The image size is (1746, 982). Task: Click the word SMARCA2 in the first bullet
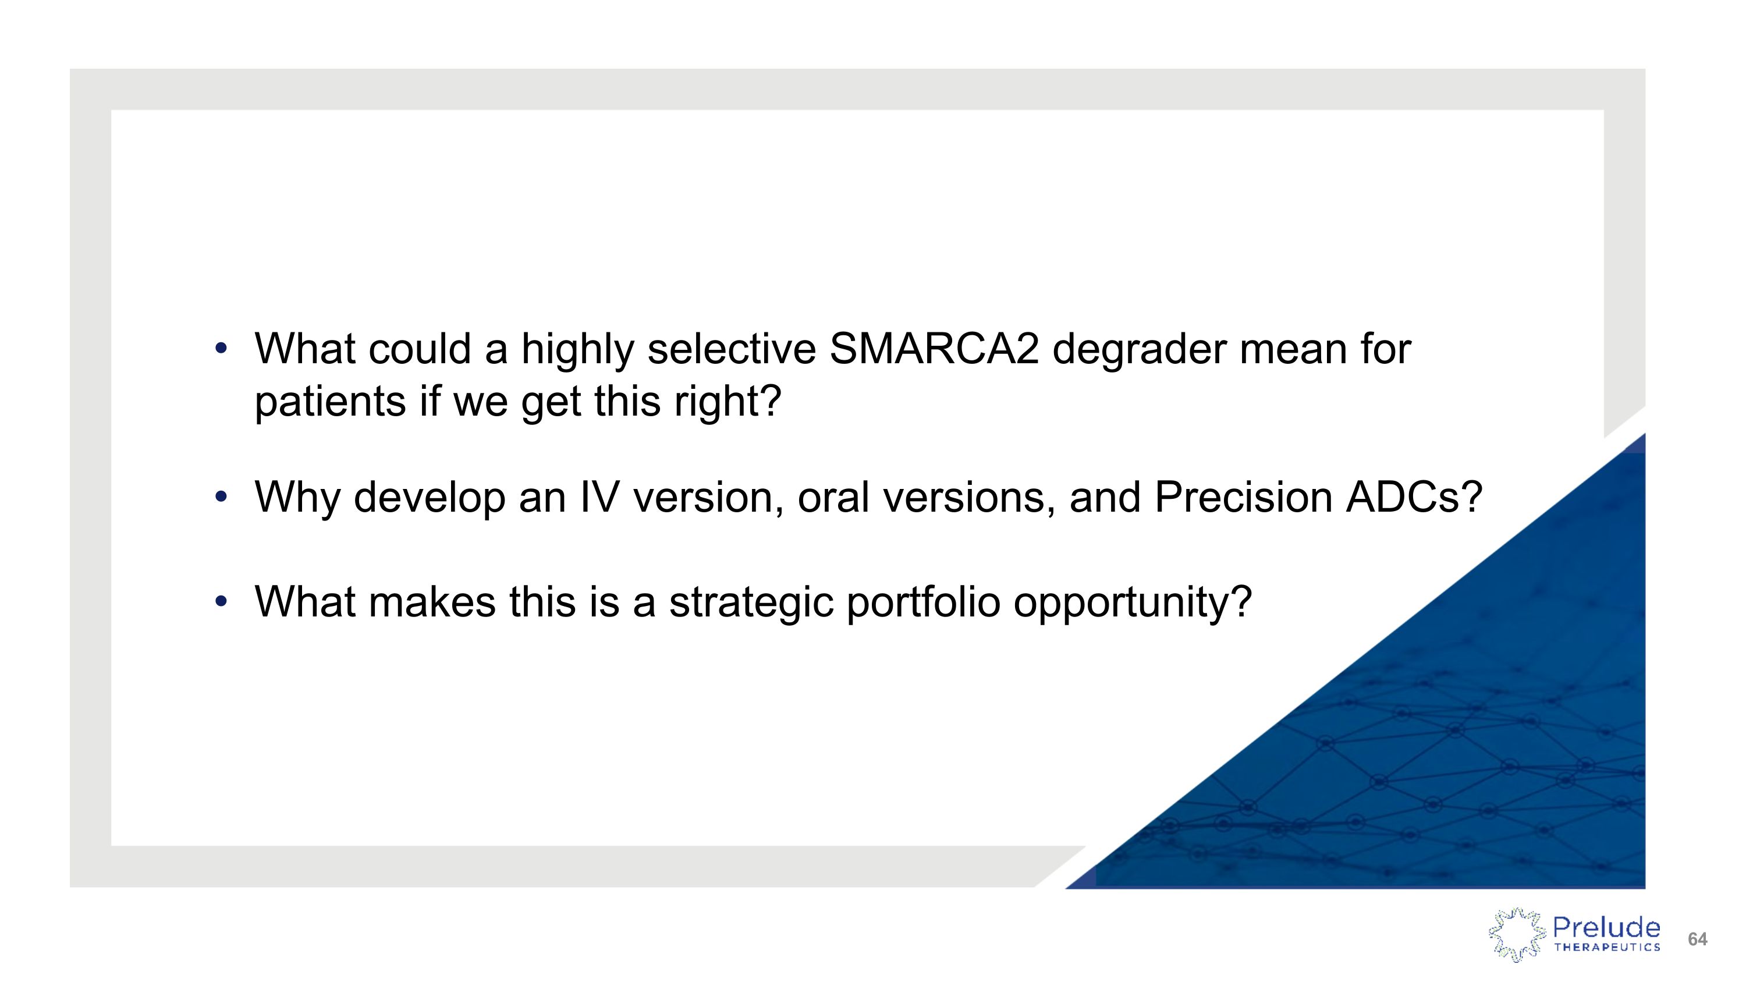tap(934, 350)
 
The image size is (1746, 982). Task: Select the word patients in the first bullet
tap(330, 402)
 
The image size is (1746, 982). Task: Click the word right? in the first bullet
tap(728, 402)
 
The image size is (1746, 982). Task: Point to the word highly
tap(577, 350)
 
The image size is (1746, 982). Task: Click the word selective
tap(732, 350)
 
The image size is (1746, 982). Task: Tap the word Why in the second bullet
tap(297, 498)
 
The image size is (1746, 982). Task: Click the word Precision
tap(1243, 498)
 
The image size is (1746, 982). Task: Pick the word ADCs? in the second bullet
tap(1414, 498)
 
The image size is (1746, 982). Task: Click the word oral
tap(833, 498)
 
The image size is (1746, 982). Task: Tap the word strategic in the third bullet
tap(751, 602)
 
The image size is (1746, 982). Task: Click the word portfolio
tap(923, 602)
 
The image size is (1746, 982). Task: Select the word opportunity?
tap(1132, 602)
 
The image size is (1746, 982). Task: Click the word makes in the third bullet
tap(432, 602)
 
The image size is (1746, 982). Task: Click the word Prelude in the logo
tap(1606, 927)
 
